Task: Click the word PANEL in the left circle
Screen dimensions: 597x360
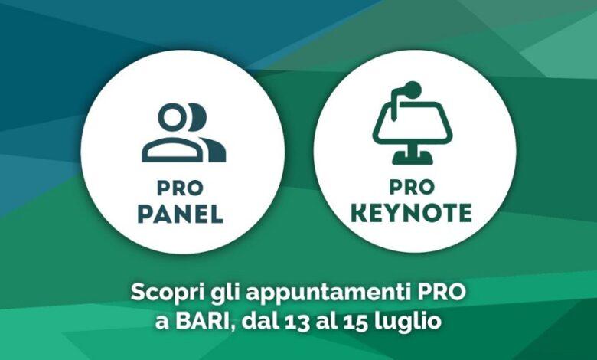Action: (180, 214)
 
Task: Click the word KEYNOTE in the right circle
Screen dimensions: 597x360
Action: (411, 213)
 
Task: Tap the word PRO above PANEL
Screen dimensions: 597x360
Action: (180, 188)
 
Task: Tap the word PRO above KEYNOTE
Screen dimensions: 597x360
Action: (412, 187)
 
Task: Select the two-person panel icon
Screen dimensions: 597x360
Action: (184, 133)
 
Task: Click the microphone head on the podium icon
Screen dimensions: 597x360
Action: (413, 90)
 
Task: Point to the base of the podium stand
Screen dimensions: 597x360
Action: (413, 159)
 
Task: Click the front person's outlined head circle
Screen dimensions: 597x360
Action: (174, 116)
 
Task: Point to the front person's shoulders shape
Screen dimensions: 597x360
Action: (172, 150)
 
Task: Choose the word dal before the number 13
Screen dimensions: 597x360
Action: (259, 321)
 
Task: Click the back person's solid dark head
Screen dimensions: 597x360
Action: (199, 116)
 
